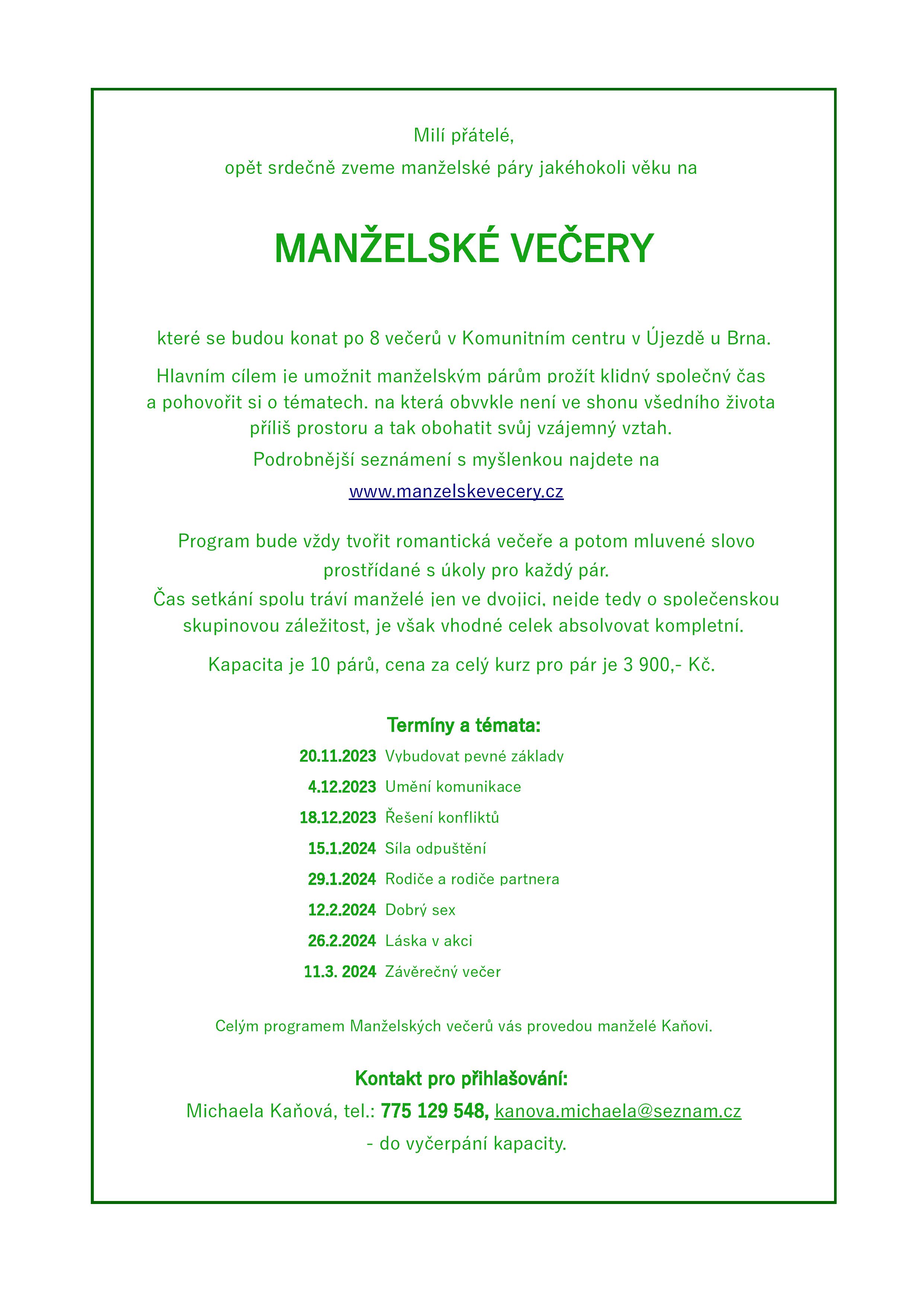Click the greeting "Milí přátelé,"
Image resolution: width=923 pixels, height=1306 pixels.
pos(463,136)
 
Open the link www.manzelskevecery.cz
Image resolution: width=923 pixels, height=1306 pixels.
pos(456,491)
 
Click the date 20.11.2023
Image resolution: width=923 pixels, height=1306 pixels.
pos(338,756)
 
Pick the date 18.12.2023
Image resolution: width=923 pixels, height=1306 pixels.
pos(338,818)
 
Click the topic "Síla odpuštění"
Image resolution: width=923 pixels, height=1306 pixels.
pos(435,849)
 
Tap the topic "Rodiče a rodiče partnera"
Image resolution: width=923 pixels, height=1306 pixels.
pos(472,879)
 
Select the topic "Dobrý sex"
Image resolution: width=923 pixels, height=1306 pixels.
pos(420,910)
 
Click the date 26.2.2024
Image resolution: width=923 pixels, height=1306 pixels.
pos(342,941)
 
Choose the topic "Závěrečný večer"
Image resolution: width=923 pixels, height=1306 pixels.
pos(443,972)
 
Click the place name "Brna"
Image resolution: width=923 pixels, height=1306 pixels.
pos(748,338)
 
